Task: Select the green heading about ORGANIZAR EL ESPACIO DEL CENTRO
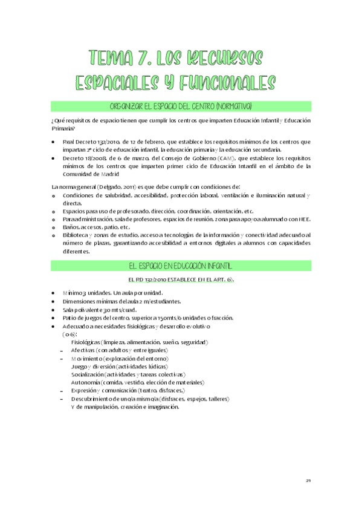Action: tap(181, 106)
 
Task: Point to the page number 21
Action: tap(308, 481)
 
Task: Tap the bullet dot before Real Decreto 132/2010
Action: tap(54, 142)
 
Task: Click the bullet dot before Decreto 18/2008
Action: tap(54, 157)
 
